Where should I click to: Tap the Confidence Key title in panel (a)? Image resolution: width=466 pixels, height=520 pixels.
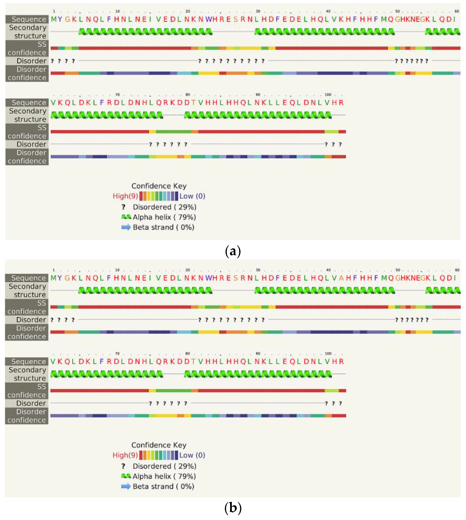click(x=159, y=186)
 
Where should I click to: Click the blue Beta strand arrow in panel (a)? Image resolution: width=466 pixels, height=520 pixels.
click(x=126, y=227)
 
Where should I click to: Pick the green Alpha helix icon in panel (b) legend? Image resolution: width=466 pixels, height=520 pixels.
click(x=126, y=476)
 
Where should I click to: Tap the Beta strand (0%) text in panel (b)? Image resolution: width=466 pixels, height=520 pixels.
click(x=163, y=486)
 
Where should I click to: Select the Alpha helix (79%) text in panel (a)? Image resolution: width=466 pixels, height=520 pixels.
click(x=164, y=217)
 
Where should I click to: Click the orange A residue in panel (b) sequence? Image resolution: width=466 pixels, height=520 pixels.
click(x=341, y=278)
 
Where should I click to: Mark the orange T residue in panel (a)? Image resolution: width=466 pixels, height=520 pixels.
click(x=193, y=103)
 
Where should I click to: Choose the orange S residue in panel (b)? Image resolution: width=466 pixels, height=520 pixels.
click(x=236, y=278)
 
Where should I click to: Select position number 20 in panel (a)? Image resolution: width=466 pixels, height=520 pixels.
click(x=188, y=11)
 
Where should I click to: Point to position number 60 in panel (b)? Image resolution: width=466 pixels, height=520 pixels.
click(x=457, y=270)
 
